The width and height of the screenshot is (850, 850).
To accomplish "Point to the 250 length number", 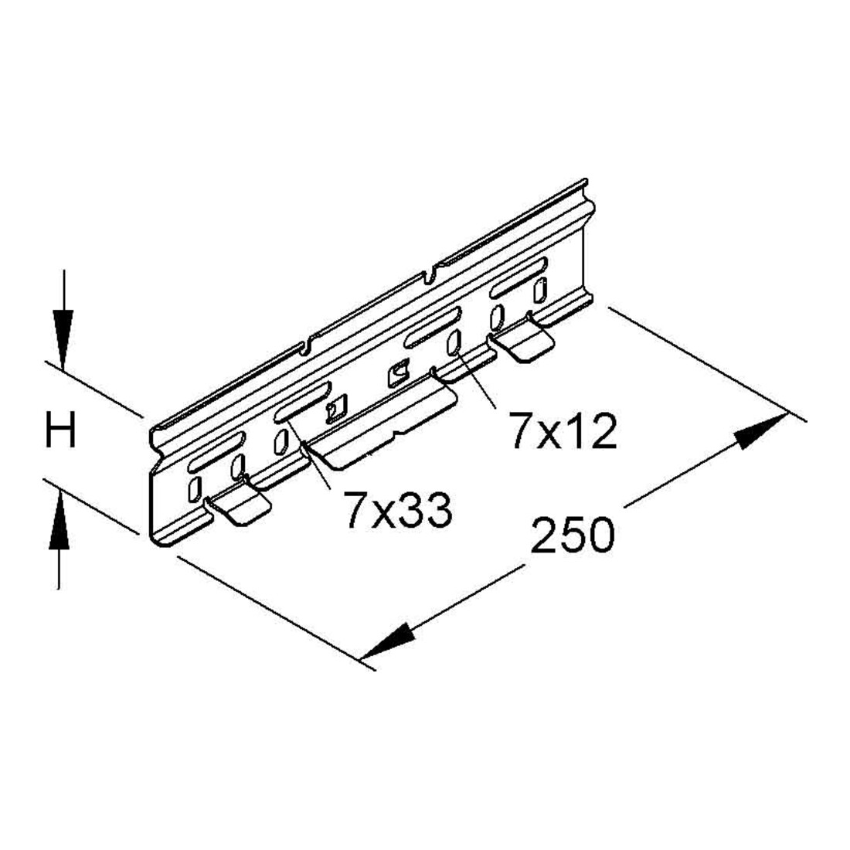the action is (573, 535).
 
